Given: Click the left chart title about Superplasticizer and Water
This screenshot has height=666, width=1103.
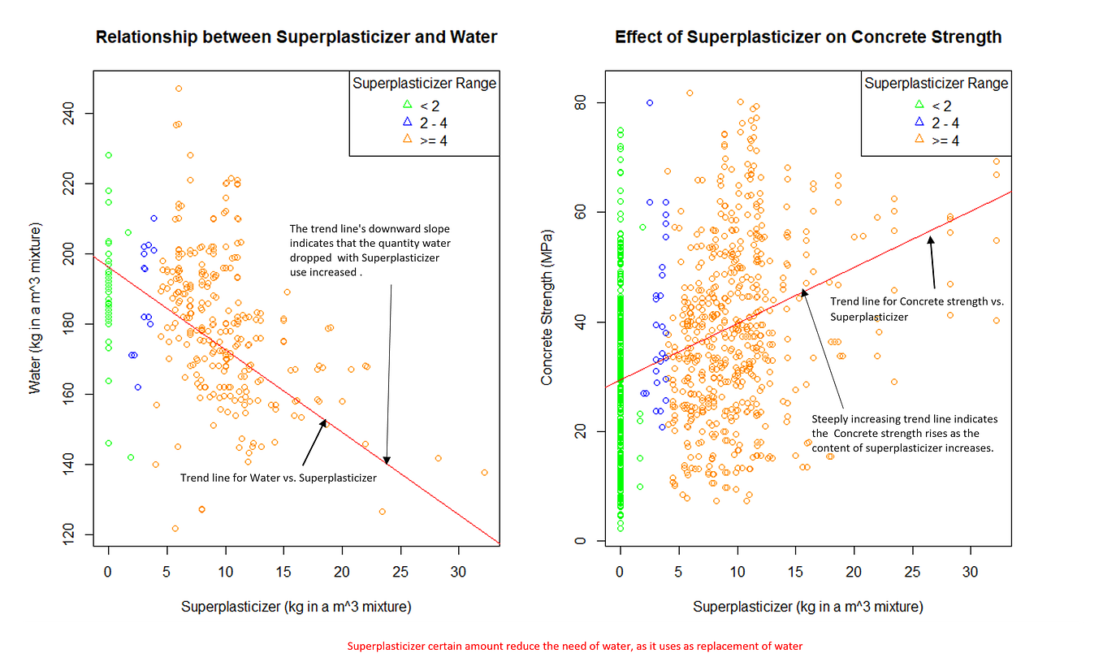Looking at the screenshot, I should coord(296,37).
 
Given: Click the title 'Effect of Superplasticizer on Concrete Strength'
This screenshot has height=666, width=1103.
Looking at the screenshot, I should coord(807,37).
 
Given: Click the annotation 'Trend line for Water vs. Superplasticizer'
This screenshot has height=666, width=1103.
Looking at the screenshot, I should coord(278,478).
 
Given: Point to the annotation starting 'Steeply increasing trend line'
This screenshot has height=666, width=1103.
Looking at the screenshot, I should coord(905,434).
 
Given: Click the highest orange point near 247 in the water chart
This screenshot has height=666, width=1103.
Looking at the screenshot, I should coord(179,89).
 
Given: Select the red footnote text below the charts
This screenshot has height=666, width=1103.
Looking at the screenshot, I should coord(574,647).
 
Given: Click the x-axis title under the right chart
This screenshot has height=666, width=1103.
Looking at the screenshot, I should coord(807,607).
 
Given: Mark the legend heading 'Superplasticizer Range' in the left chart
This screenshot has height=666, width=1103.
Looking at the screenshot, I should coord(424,84).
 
